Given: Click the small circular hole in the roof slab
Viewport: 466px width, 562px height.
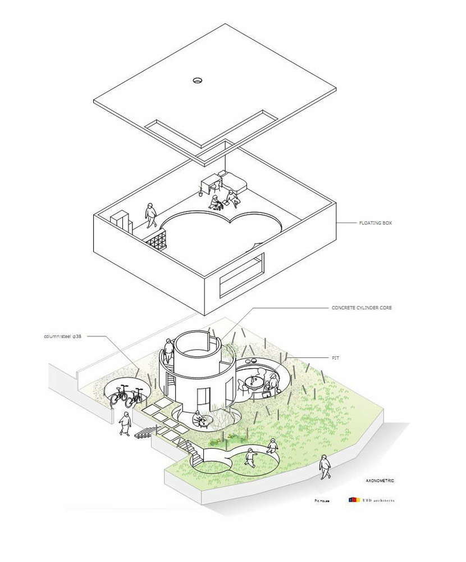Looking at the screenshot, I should click(198, 80).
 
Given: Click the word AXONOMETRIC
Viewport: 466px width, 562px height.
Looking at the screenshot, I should click(380, 481).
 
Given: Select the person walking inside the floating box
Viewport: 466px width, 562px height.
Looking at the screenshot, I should click(150, 214).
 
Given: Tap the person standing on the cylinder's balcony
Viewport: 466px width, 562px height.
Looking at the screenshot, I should click(168, 350).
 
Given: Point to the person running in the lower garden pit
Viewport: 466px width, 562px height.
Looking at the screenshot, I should click(250, 460).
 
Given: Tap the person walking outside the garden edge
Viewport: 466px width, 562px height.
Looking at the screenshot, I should click(324, 466).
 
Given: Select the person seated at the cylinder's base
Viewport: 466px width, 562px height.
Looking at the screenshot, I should click(198, 418).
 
